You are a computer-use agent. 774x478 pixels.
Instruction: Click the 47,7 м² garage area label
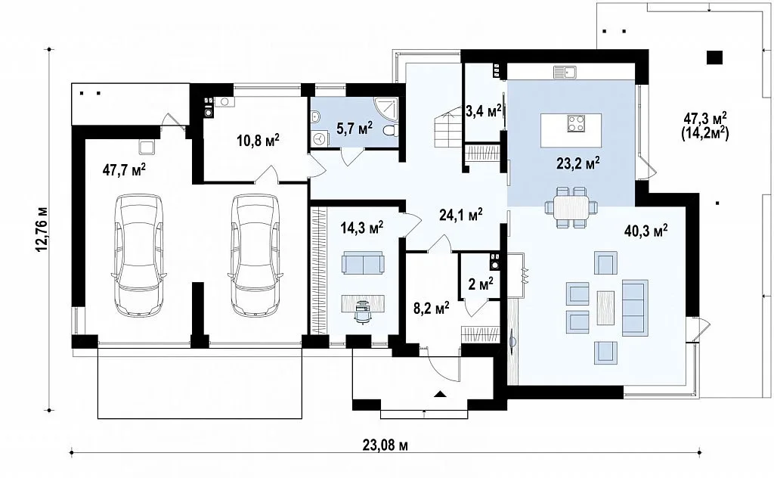(124, 170)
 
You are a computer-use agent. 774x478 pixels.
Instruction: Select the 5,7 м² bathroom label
(354, 129)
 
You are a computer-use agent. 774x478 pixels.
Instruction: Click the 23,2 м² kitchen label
(578, 163)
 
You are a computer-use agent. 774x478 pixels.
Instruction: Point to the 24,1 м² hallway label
(460, 214)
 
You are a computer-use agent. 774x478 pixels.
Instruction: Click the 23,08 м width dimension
(385, 445)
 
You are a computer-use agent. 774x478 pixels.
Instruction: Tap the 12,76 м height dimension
(42, 229)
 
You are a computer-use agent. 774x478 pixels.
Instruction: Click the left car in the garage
(139, 254)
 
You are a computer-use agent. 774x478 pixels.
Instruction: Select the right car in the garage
(255, 254)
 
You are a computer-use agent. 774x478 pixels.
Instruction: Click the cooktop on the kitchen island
(576, 123)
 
